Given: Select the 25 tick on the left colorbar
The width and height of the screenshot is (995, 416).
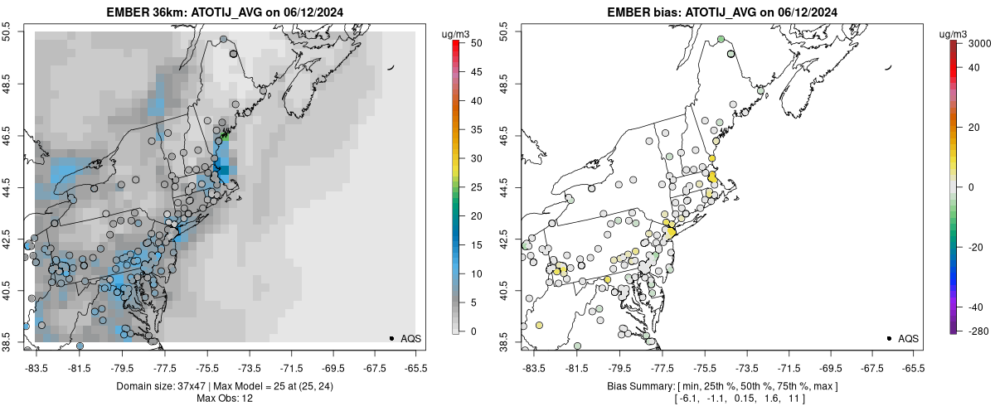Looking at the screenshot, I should pyautogui.click(x=470, y=187).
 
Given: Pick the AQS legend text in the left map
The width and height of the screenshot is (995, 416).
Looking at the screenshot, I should pyautogui.click(x=411, y=339).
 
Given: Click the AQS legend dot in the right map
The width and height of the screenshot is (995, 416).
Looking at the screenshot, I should pyautogui.click(x=889, y=339).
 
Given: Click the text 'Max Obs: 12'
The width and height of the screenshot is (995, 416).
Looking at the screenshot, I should pyautogui.click(x=224, y=399).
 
